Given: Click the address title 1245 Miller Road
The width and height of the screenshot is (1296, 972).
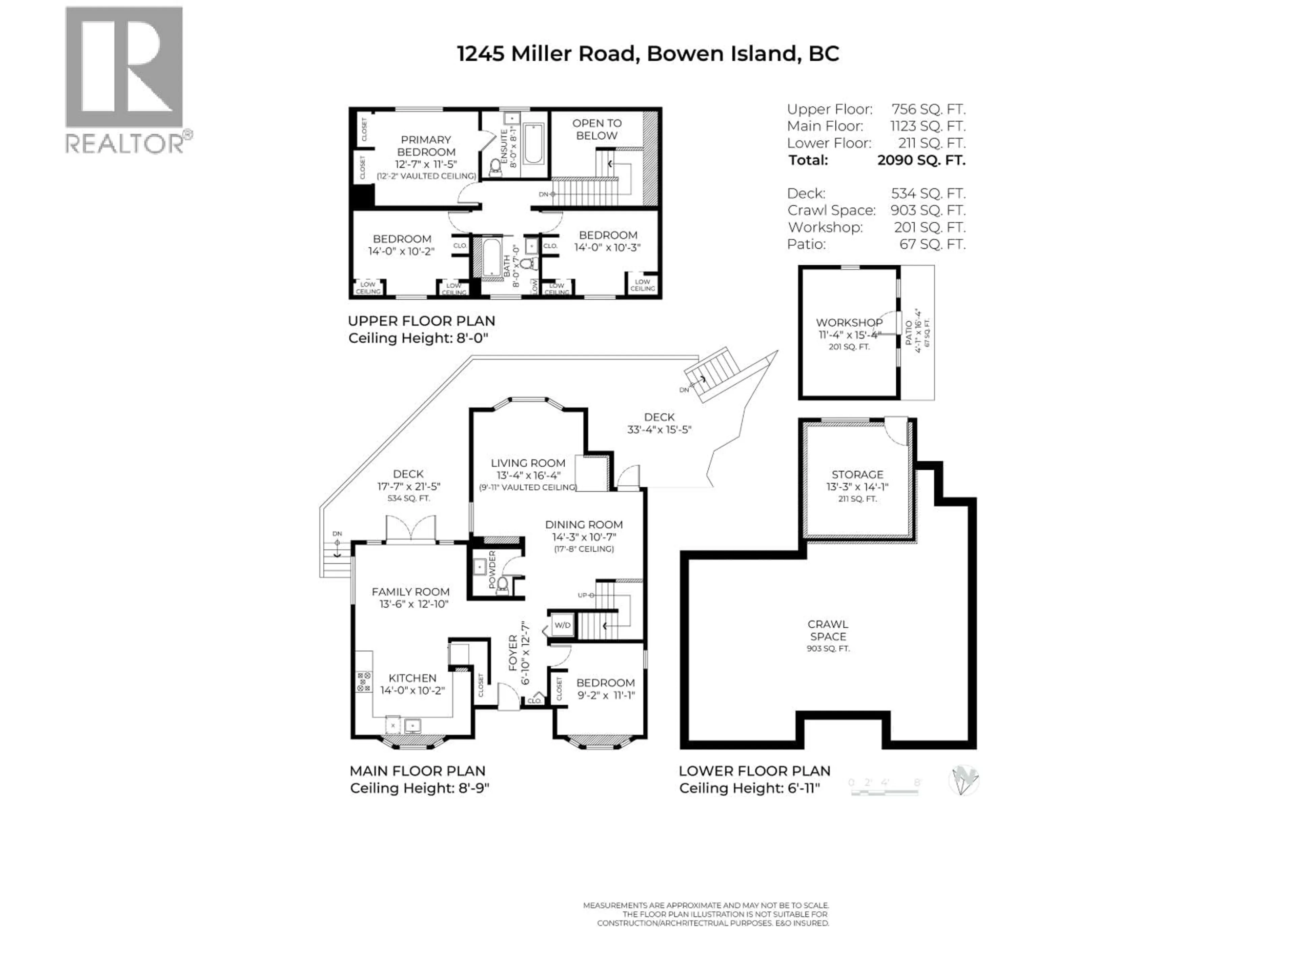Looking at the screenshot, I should coord(647,54).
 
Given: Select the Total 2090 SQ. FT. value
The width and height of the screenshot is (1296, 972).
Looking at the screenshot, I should coord(921,160).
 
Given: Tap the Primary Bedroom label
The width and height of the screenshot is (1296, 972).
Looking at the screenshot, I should coord(426,146).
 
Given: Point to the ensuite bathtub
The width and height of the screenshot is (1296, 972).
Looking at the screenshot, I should coord(533,143).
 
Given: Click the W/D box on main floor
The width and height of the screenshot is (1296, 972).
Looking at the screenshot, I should coord(563,625).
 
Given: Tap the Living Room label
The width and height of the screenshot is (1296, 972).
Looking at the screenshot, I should coord(528,463).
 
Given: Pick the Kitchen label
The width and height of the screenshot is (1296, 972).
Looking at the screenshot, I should coord(412,678).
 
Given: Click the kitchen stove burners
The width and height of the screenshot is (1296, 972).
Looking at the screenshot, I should coord(364,681).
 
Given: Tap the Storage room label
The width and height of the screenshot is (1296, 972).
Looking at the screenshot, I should coord(857,475).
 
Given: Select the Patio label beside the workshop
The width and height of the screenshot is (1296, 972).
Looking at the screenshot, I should coord(909,332).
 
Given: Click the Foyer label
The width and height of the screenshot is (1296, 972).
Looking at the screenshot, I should coord(513,653).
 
